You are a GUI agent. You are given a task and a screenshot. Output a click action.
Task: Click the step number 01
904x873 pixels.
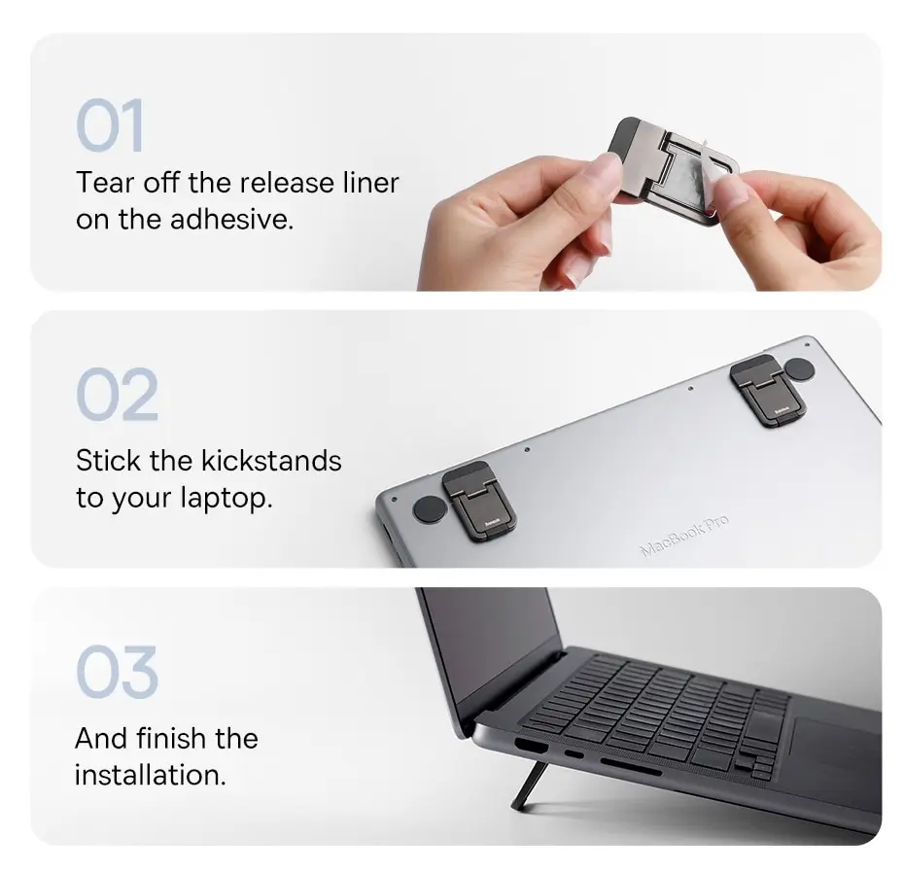(110, 125)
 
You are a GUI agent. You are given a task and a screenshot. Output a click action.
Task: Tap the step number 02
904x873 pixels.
(117, 395)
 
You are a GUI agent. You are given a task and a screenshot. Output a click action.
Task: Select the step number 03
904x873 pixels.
(116, 672)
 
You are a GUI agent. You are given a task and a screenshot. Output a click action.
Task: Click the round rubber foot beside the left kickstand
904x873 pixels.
(428, 509)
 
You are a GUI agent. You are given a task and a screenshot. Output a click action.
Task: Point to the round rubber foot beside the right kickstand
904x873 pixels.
(798, 369)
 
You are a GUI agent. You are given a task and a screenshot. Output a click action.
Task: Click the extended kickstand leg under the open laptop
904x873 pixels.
(525, 786)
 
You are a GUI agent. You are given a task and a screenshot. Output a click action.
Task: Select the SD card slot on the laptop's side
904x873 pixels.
(630, 767)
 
